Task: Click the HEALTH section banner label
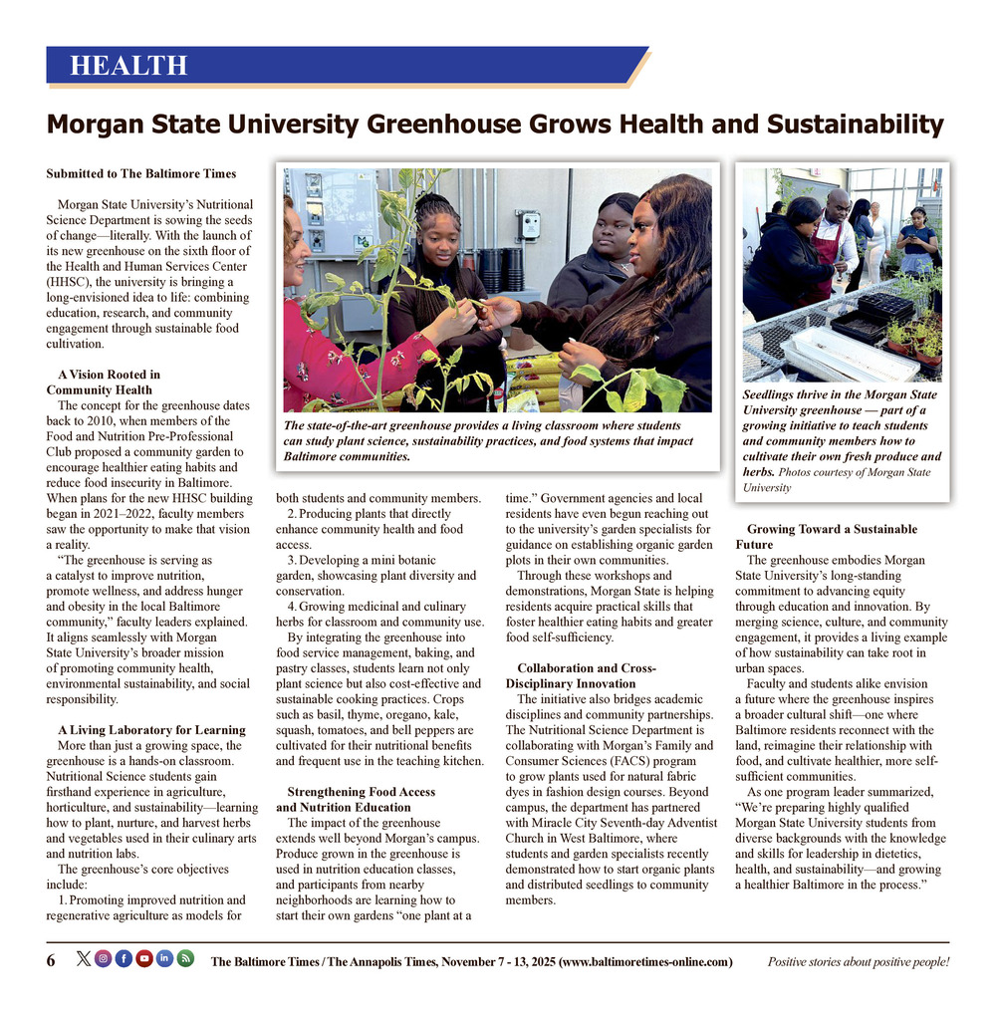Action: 128,67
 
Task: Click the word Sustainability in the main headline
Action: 854,125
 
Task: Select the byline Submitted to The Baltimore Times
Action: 140,173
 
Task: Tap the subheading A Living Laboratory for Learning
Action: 151,730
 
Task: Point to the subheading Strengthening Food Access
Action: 354,792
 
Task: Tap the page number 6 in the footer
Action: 51,960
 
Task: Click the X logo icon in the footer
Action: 83,959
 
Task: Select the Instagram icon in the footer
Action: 103,959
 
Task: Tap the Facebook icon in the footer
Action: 124,959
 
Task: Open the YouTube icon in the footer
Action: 144,959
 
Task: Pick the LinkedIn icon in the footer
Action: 164,959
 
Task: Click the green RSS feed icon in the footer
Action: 185,959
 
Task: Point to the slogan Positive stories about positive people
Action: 858,961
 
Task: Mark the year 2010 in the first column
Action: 118,420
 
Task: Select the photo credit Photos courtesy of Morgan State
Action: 855,472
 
